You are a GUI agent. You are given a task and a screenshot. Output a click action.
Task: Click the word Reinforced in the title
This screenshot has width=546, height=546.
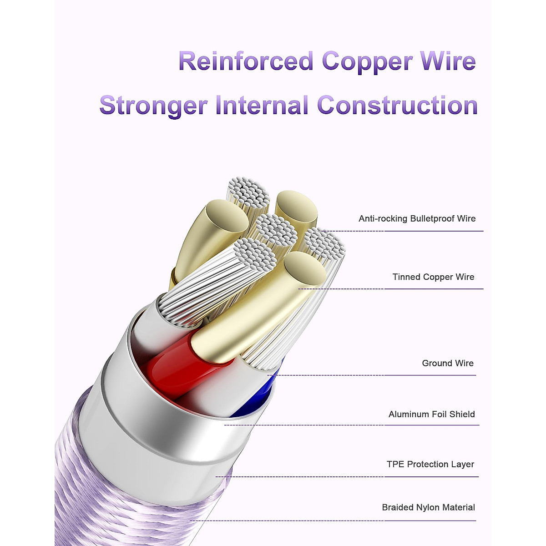246,61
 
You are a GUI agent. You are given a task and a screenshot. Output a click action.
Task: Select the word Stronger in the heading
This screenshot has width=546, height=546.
153,106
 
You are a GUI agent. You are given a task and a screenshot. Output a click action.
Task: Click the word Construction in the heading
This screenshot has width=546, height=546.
397,106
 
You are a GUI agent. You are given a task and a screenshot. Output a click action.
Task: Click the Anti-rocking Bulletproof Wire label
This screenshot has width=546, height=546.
417,219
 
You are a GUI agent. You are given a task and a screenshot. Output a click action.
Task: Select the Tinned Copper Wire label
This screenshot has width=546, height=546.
433,277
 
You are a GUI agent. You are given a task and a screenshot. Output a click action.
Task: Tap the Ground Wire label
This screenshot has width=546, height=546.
448,364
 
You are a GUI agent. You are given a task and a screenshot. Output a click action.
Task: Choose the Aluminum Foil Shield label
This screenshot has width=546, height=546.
431,415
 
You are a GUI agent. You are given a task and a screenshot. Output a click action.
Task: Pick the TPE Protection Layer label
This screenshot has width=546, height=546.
430,465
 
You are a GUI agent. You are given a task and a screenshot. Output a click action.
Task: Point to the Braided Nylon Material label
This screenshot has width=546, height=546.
428,508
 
